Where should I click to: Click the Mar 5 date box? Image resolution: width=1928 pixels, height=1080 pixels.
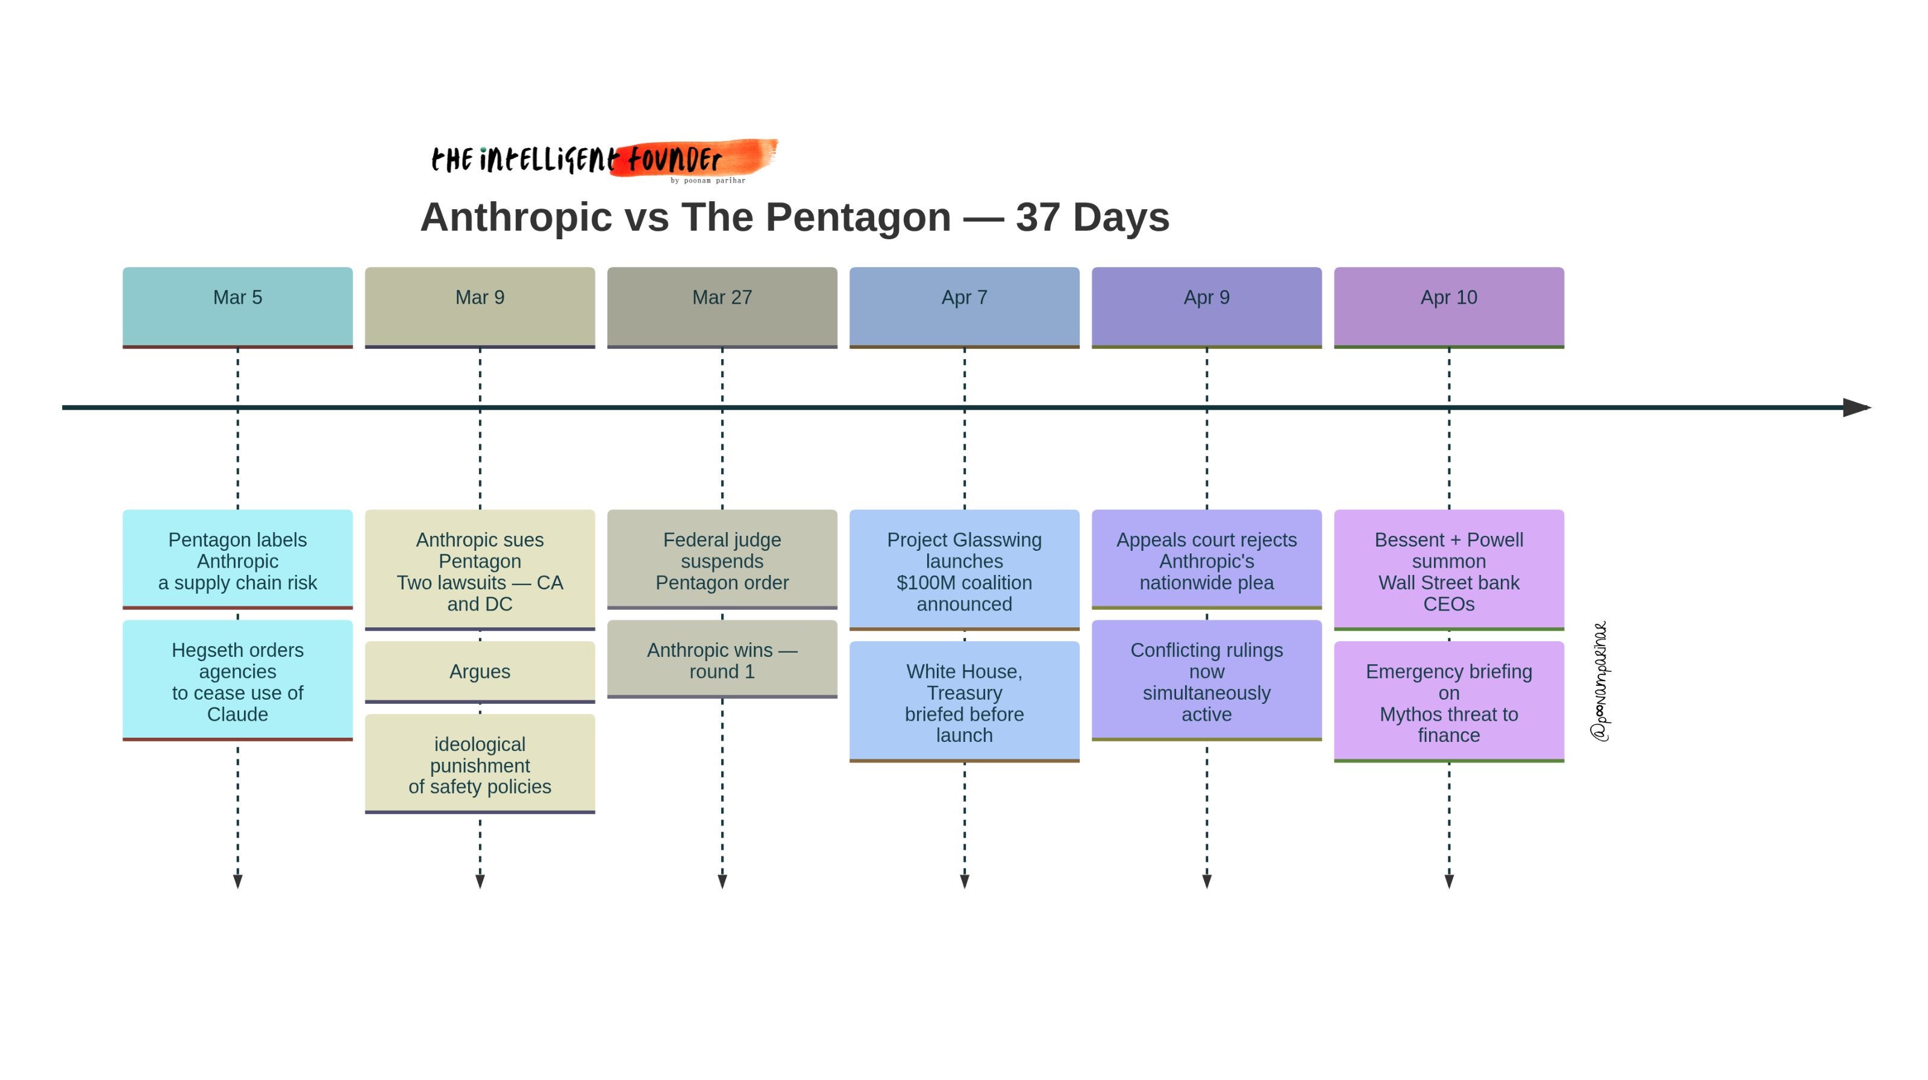pos(237,306)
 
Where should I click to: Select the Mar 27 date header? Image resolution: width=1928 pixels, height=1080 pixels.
pos(722,306)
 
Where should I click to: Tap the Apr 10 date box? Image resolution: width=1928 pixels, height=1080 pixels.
pos(1448,306)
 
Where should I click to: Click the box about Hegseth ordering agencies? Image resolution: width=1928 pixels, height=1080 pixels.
pos(237,680)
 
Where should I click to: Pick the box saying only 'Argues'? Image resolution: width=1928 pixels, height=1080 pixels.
pos(480,671)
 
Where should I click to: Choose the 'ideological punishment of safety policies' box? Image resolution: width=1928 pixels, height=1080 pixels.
pos(480,764)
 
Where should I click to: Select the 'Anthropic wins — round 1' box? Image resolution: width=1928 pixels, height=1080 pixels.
pos(722,659)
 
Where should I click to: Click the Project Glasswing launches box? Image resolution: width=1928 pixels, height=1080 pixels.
pos(964,570)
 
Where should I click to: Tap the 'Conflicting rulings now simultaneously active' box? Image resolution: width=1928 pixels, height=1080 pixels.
pos(1206,680)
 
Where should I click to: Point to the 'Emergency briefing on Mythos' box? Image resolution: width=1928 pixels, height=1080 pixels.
pos(1448,702)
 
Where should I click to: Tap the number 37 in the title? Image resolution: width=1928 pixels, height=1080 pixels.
pos(1038,217)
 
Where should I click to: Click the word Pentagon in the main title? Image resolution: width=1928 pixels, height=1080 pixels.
pos(858,217)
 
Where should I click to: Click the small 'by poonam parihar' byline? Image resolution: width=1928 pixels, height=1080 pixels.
pos(707,180)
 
